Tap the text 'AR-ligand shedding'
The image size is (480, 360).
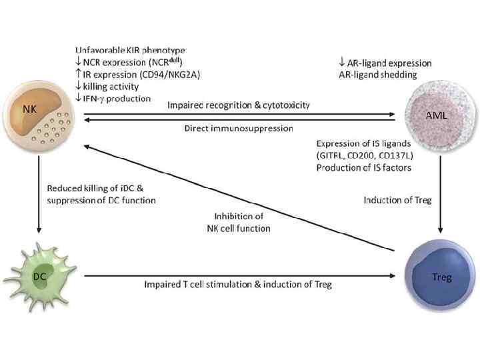click(377, 74)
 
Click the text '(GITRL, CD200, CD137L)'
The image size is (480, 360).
click(364, 155)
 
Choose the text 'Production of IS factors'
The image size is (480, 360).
click(363, 167)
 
